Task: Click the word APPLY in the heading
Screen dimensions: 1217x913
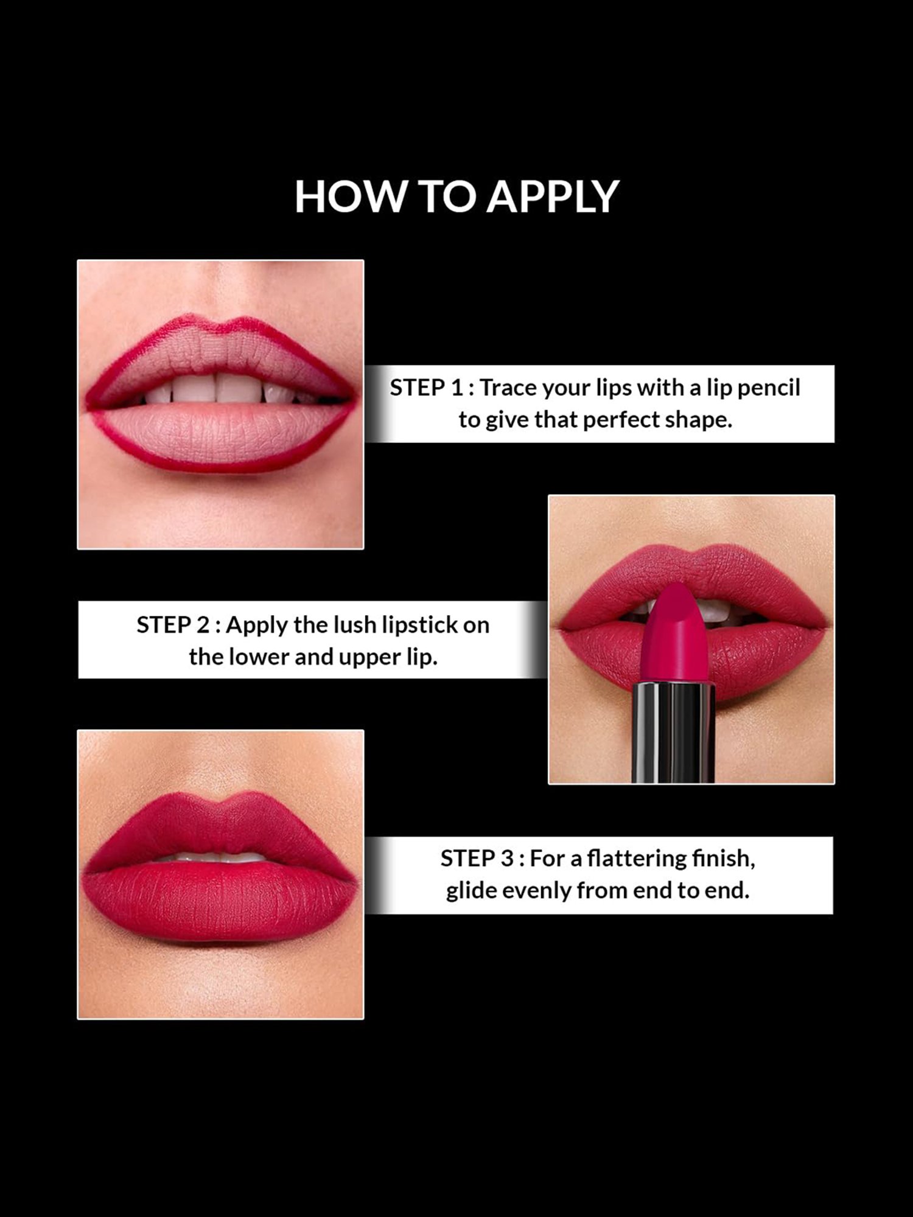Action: coord(552,197)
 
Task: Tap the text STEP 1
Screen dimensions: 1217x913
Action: coord(426,388)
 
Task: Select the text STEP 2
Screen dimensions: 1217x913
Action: coord(173,625)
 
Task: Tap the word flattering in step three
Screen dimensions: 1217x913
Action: coord(637,859)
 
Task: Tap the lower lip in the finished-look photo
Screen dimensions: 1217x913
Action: coord(220,901)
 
